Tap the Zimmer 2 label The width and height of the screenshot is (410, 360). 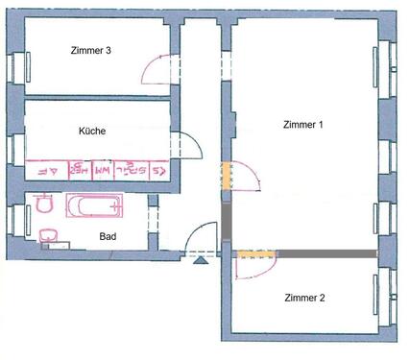coord(304,299)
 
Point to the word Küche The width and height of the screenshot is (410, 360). coord(92,132)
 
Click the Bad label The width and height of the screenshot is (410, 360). coord(108,233)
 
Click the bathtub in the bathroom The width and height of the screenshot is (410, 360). coord(94,205)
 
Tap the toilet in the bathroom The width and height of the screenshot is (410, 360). coord(43,204)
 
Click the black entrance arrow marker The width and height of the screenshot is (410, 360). coord(201,257)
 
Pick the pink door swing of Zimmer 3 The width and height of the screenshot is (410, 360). coord(157,69)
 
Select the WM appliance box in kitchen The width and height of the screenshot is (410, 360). coord(100,170)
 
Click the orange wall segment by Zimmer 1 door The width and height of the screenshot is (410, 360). coord(227,175)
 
